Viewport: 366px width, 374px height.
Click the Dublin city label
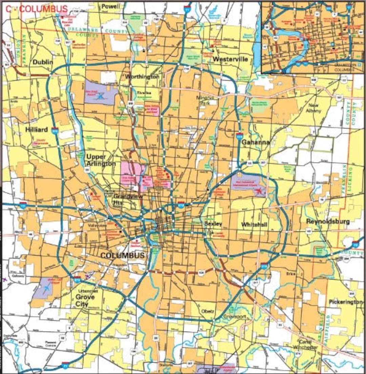point(43,62)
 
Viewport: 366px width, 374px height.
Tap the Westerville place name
point(230,59)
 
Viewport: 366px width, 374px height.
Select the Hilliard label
point(36,129)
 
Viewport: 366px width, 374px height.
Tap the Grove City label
point(85,300)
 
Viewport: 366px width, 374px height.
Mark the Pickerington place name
point(346,302)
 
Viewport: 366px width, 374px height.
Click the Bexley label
point(213,224)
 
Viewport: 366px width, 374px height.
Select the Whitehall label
point(254,225)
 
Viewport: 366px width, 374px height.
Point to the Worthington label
point(142,77)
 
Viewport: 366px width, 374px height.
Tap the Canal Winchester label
point(308,345)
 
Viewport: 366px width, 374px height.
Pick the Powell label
point(110,6)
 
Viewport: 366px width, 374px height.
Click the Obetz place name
point(208,311)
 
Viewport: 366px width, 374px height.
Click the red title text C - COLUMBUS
point(37,8)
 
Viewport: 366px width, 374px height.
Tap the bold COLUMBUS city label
point(122,255)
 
